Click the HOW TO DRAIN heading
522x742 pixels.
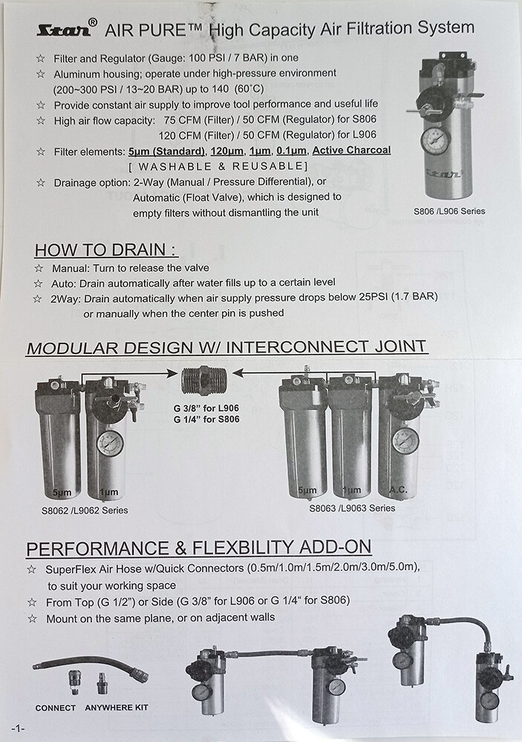coord(106,250)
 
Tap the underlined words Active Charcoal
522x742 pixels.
coord(351,151)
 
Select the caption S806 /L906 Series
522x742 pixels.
coord(449,211)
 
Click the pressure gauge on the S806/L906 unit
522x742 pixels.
coord(435,140)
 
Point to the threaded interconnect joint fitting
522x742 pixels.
coord(204,380)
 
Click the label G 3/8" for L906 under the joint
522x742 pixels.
coord(206,408)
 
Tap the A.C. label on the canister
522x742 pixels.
coord(398,490)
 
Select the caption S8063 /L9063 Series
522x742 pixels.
coord(352,508)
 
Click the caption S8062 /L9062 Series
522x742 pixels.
coord(85,510)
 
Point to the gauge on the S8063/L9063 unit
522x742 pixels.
coord(405,441)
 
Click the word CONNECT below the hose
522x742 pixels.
coord(56,708)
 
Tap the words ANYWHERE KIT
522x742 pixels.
coord(117,707)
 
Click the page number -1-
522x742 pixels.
coord(18,729)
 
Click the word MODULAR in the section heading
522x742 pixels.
coord(73,348)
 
